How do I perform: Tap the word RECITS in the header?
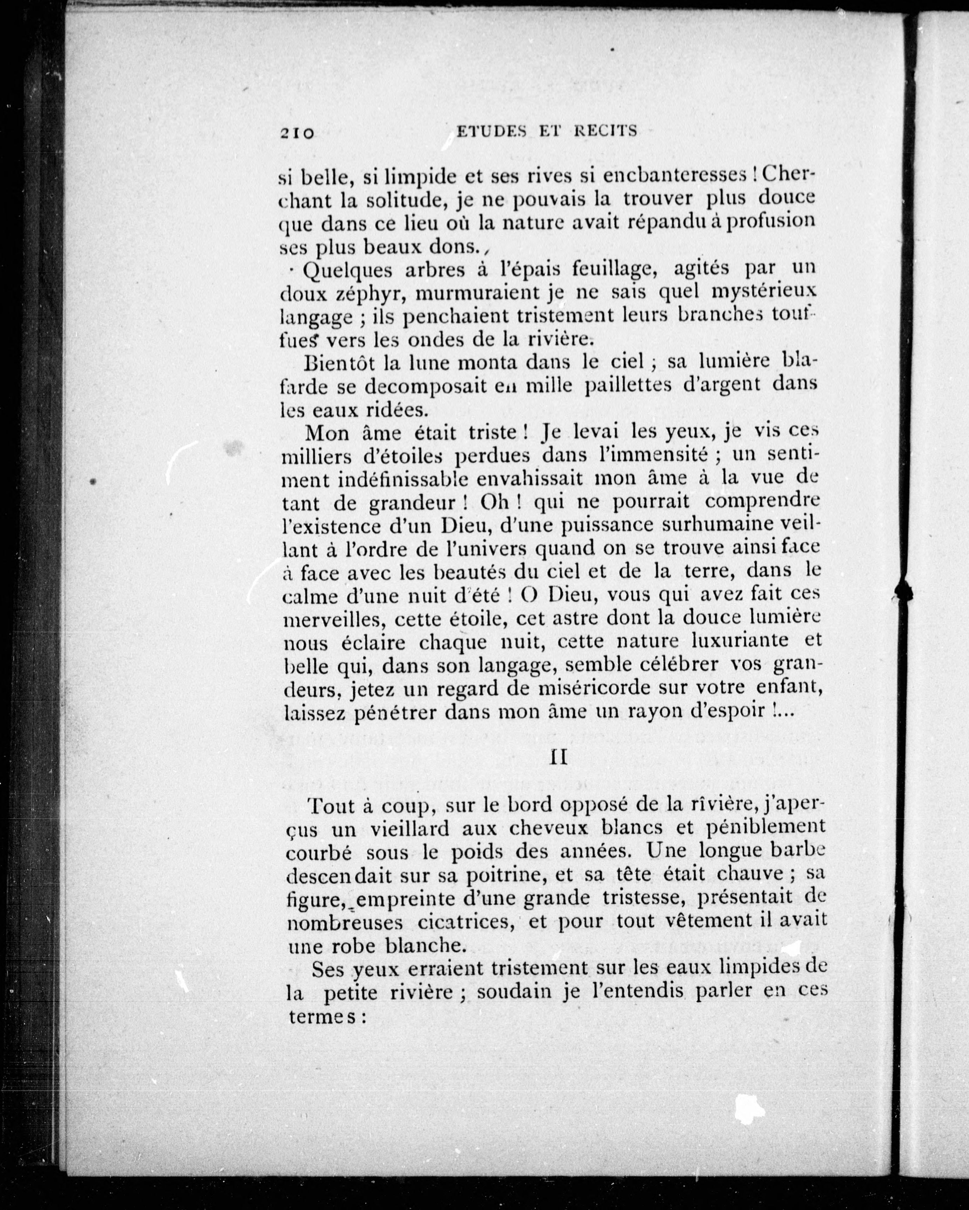(x=606, y=131)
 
